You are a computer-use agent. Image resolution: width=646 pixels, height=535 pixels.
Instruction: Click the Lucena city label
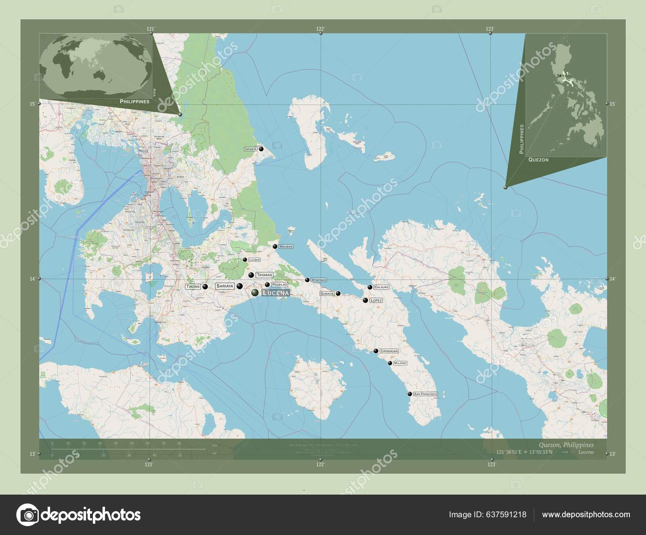click(276, 292)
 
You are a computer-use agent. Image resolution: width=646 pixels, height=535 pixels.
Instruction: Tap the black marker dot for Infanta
click(261, 149)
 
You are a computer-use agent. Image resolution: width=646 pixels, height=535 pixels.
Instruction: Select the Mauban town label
click(286, 246)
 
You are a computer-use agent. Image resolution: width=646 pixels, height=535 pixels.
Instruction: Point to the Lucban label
click(254, 260)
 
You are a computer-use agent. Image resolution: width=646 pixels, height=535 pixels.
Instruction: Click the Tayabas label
click(264, 275)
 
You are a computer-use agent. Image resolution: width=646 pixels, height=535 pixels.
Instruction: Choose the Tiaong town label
click(193, 286)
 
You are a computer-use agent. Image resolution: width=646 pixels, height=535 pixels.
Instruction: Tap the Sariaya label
click(225, 286)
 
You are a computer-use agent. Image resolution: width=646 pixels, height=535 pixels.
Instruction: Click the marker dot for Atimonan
click(307, 280)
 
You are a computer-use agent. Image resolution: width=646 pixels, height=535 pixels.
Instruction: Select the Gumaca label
click(327, 293)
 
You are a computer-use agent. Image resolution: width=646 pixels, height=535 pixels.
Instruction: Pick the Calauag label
click(381, 287)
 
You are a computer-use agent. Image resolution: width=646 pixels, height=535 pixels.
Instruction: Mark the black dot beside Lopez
click(365, 300)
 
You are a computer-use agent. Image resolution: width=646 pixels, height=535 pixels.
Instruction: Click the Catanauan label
click(389, 351)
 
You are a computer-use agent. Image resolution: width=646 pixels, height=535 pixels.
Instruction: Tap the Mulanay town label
click(400, 363)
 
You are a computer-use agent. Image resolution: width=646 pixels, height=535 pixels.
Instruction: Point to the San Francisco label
click(426, 394)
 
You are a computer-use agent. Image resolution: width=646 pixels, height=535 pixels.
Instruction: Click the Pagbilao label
click(279, 284)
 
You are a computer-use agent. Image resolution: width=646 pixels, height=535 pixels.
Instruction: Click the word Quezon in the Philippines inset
click(539, 160)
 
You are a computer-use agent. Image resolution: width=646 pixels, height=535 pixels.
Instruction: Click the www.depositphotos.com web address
click(586, 515)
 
